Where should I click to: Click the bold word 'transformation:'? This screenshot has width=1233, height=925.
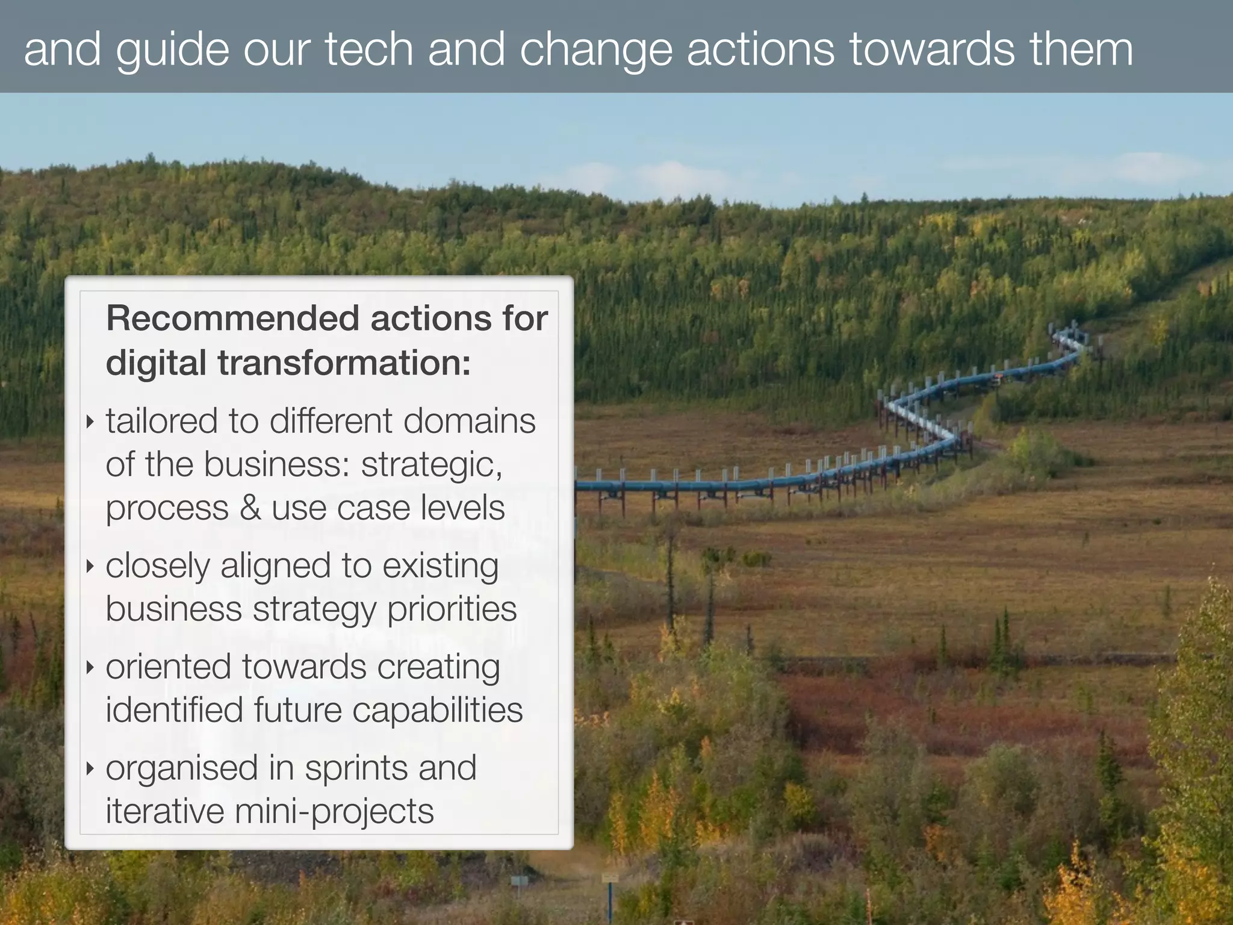pos(344,363)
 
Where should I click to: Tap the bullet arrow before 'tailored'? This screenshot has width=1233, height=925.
pos(90,422)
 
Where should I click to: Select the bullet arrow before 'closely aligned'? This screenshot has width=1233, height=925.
pos(90,566)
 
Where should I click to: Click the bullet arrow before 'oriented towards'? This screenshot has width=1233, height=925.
pos(90,667)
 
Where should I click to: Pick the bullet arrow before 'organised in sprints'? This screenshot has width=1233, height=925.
pos(90,768)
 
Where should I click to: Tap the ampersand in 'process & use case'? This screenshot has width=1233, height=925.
pos(250,508)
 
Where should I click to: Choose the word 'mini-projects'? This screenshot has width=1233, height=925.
pos(334,811)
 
